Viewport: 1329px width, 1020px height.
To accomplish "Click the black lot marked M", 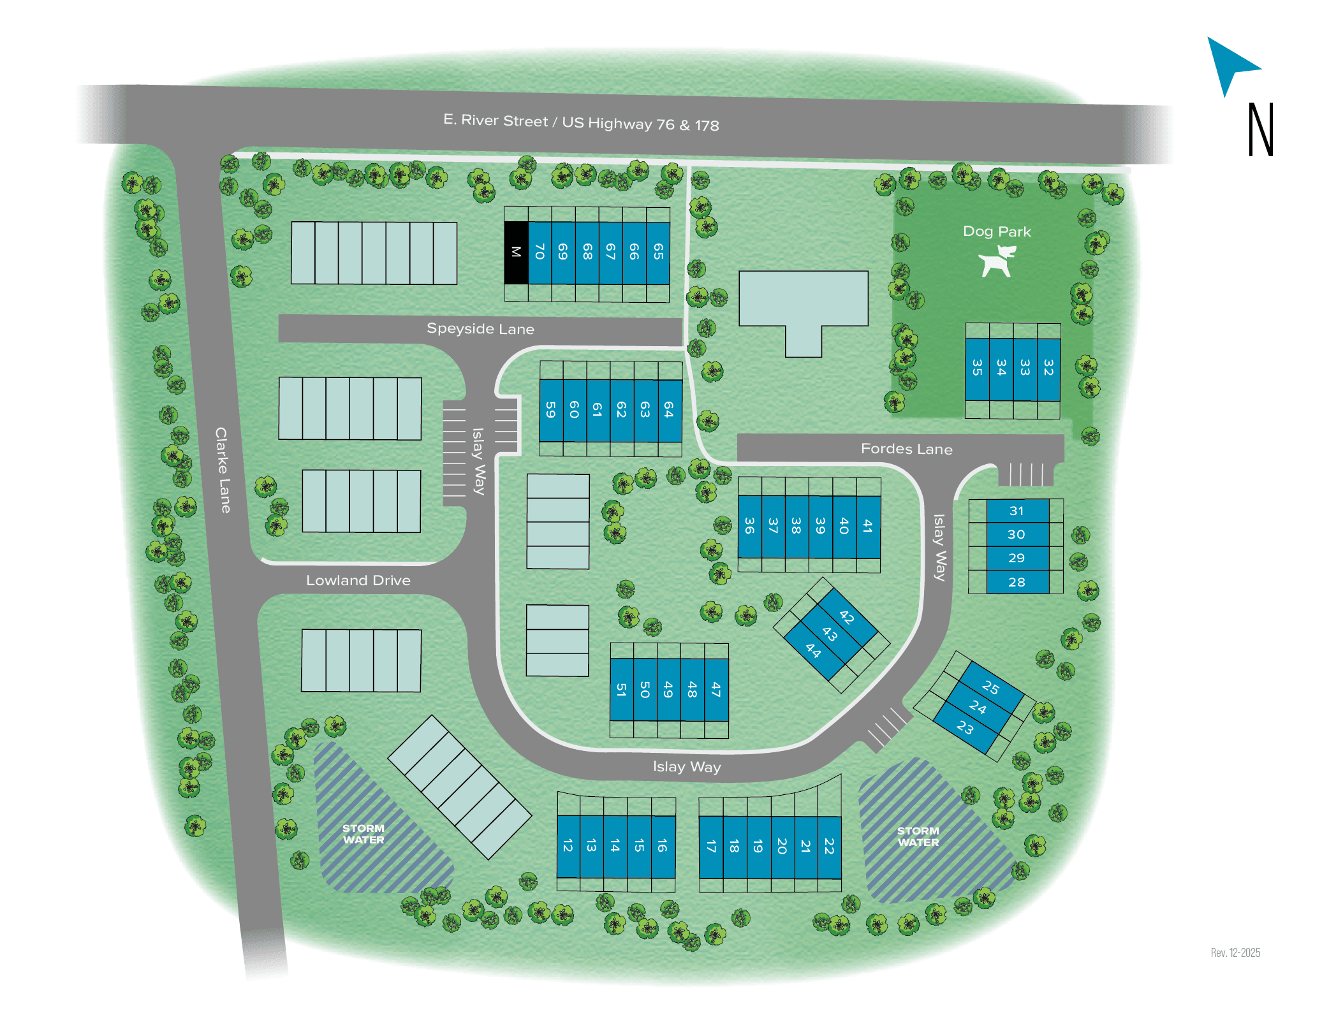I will pyautogui.click(x=516, y=252).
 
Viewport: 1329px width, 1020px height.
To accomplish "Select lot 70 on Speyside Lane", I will pyautogui.click(x=540, y=252).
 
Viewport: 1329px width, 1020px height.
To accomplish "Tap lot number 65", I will pyautogui.click(x=658, y=252).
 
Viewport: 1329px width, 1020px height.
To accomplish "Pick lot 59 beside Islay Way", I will pyautogui.click(x=551, y=411).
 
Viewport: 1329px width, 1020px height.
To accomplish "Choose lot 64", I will pyautogui.click(x=669, y=411).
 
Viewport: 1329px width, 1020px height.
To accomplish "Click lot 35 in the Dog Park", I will pyautogui.click(x=977, y=368).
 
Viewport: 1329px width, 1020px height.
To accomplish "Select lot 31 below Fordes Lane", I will pyautogui.click(x=1017, y=511).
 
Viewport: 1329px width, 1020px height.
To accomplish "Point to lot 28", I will pyautogui.click(x=1017, y=582).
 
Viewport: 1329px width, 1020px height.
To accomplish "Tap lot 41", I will pyautogui.click(x=868, y=527).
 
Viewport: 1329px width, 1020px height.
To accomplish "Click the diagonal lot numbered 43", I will pyautogui.click(x=830, y=634).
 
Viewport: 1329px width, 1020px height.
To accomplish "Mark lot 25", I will pyautogui.click(x=990, y=687).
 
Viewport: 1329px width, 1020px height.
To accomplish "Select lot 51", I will pyautogui.click(x=622, y=690).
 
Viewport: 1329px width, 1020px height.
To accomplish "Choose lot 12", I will pyautogui.click(x=568, y=846).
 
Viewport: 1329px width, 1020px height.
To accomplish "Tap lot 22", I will pyautogui.click(x=829, y=847).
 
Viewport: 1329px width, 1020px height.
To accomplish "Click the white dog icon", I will pyautogui.click(x=997, y=261).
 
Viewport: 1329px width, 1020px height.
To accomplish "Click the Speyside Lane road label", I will pyautogui.click(x=480, y=329).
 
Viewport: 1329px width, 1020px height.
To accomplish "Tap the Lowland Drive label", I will pyautogui.click(x=358, y=581).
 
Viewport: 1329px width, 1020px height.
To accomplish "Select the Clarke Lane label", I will pyautogui.click(x=223, y=470).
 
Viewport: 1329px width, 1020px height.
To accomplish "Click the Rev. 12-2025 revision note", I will pyautogui.click(x=1235, y=952).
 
